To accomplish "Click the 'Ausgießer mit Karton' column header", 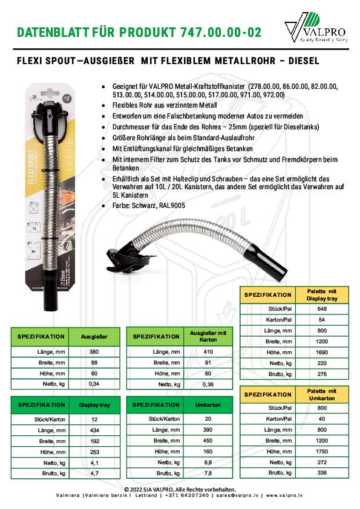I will [208, 336].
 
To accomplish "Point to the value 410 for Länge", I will [208, 351].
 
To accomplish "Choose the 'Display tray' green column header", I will [94, 404].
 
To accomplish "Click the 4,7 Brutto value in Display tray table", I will [94, 473].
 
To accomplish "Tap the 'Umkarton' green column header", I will [208, 404].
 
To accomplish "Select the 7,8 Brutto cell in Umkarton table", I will [208, 473].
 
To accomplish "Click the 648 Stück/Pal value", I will [322, 308].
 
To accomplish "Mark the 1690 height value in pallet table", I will [322, 352].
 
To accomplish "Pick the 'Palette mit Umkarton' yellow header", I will [322, 394].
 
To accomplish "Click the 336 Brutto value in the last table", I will [322, 472].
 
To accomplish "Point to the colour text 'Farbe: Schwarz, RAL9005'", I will [149, 206].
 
